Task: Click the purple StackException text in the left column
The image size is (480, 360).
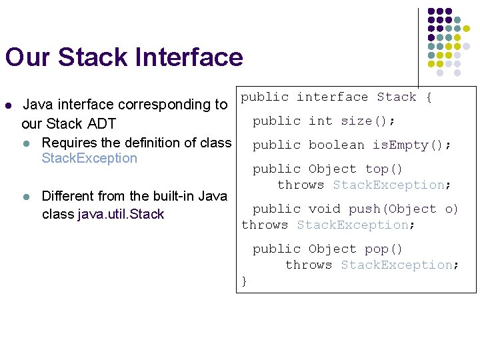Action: click(x=89, y=159)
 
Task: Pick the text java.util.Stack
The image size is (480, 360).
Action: click(x=121, y=214)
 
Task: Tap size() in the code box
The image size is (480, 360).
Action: click(x=367, y=121)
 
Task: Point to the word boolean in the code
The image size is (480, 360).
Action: click(x=336, y=145)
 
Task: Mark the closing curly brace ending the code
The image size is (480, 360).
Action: click(x=245, y=281)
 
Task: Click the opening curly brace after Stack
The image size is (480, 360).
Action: click(x=429, y=97)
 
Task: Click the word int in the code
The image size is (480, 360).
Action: click(x=320, y=121)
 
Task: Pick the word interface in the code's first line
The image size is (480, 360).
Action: click(x=332, y=97)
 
